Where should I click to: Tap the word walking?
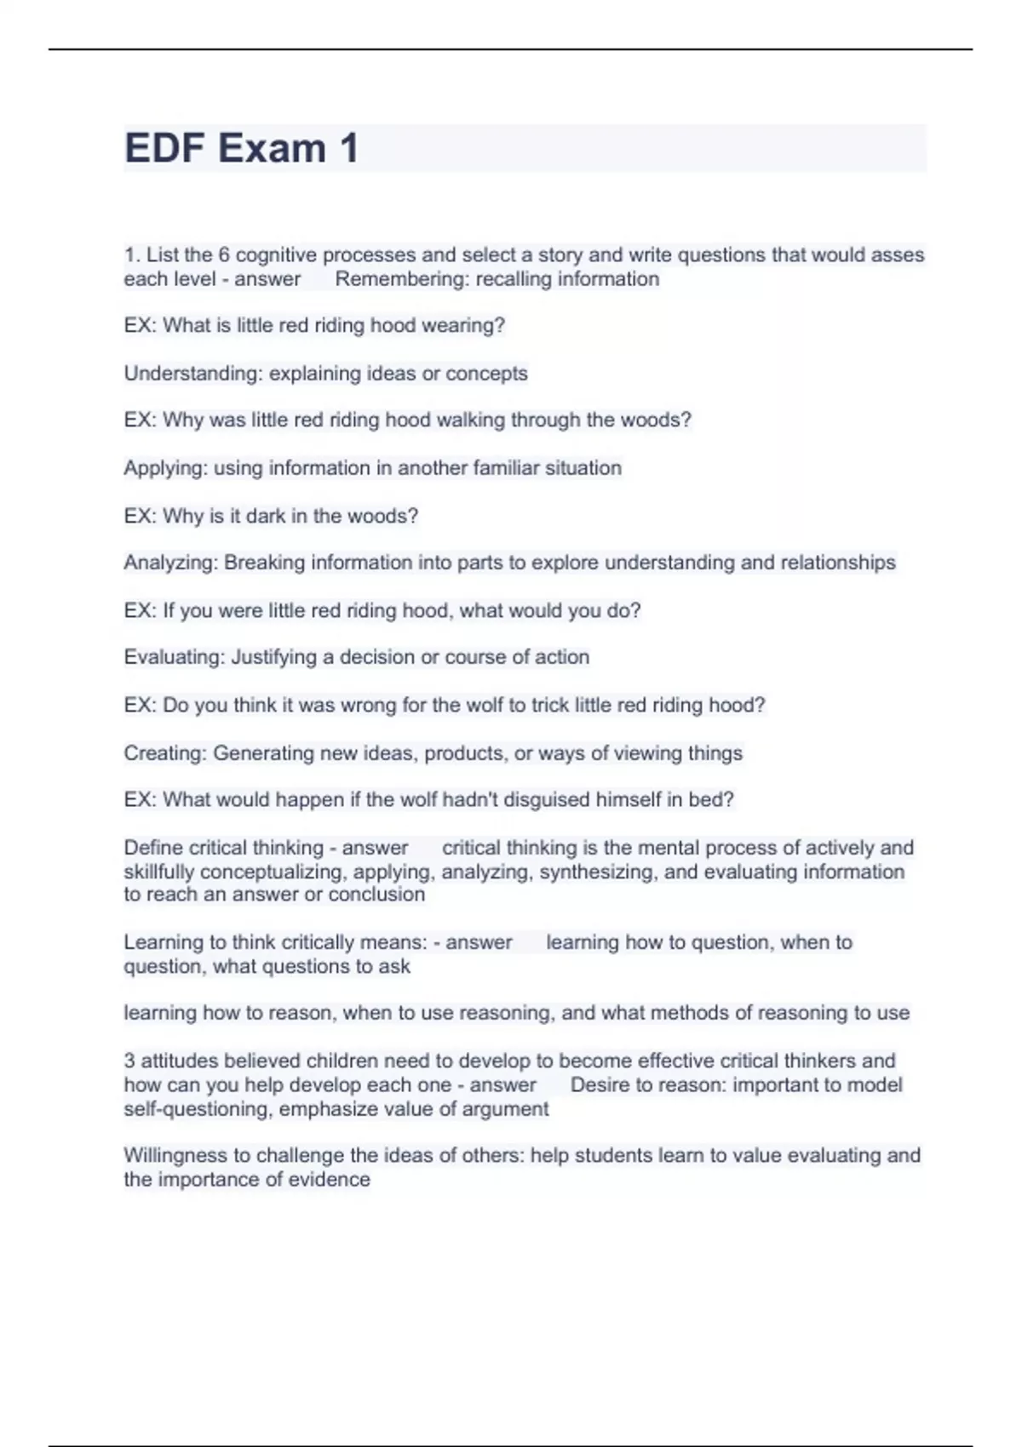pos(472,420)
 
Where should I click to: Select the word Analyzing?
pos(170,563)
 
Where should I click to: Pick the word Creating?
pos(165,753)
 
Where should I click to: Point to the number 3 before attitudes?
pos(129,1061)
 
